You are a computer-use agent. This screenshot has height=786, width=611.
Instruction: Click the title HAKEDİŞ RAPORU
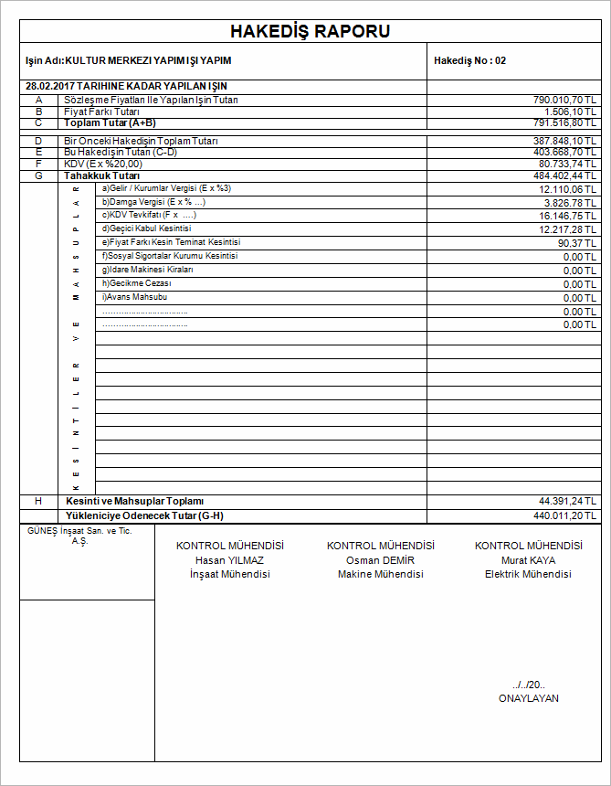pos(311,32)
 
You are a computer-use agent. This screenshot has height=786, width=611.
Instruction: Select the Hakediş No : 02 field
pos(469,61)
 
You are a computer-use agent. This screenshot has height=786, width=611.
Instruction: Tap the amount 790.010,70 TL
pos(565,100)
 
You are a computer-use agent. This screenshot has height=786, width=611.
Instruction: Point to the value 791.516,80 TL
pos(565,122)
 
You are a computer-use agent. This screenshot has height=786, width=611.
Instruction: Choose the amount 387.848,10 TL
pos(565,142)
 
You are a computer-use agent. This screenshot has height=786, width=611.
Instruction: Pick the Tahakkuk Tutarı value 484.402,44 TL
pos(565,175)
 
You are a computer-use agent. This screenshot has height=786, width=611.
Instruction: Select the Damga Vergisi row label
pos(153,201)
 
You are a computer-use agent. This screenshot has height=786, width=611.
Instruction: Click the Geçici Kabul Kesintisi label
pos(146,228)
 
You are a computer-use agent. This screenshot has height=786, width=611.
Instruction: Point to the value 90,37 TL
pos(578,243)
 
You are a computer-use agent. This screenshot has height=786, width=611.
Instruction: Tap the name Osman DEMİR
pos(380,560)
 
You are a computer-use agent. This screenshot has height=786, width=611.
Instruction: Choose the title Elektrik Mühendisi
pos(528,575)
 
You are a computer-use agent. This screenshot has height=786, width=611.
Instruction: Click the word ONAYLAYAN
pos(528,699)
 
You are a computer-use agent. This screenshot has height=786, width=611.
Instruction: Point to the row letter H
pos(38,502)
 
